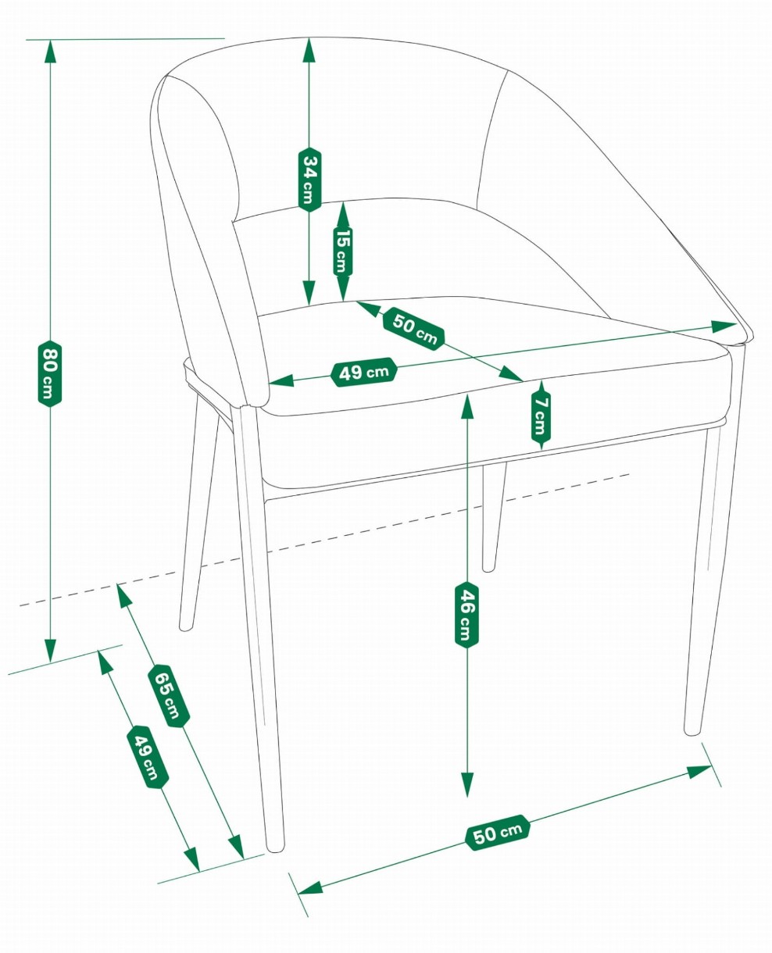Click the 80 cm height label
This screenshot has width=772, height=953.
click(x=49, y=373)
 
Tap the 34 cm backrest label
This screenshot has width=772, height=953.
click(x=309, y=179)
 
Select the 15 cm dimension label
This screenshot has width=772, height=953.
click(x=342, y=252)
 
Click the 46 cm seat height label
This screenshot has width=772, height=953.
click(x=466, y=615)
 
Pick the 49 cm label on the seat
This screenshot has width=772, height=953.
click(x=363, y=372)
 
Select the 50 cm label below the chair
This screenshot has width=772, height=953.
click(x=497, y=832)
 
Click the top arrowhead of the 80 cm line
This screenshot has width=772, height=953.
click(x=50, y=51)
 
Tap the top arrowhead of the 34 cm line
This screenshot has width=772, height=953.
click(x=309, y=49)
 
